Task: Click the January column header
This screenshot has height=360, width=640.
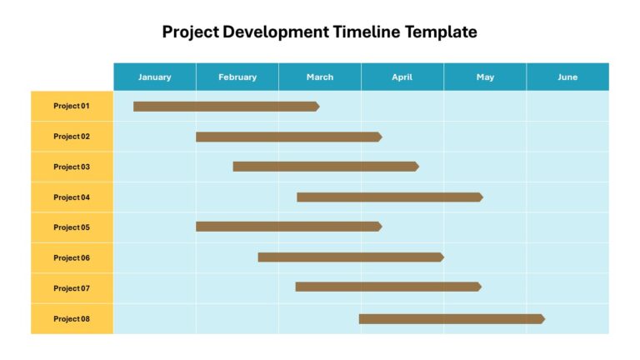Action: point(155,77)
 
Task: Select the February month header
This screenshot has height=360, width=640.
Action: point(237,77)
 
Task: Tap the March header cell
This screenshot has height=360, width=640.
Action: point(320,77)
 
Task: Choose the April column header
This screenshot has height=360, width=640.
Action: point(402,77)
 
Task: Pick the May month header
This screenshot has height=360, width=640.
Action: point(485,77)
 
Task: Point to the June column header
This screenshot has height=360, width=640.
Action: point(567,77)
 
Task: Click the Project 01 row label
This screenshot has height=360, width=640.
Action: point(72,106)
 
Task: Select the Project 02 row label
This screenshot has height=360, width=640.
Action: point(72,137)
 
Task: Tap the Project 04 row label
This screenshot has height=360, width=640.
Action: point(72,197)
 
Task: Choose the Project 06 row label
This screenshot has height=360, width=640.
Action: point(72,258)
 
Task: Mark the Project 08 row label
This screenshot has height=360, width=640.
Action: point(72,319)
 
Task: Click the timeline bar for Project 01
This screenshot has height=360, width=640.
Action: point(227,107)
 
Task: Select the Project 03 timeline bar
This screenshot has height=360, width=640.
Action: point(326,167)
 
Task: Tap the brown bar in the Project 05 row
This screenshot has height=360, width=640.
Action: point(289,227)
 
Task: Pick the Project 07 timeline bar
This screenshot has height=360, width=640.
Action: point(388,287)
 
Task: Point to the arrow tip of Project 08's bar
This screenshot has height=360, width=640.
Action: point(545,319)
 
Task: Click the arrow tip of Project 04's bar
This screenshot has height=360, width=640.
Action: point(482,197)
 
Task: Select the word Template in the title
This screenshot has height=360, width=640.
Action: point(441,32)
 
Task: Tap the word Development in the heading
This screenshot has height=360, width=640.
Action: point(276,32)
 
